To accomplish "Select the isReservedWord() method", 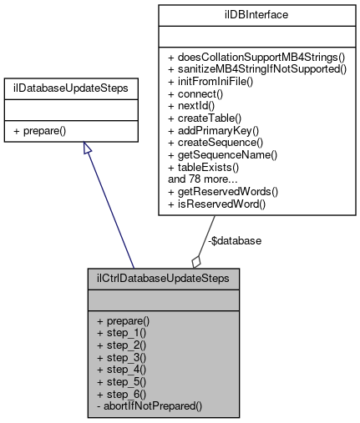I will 216,204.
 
